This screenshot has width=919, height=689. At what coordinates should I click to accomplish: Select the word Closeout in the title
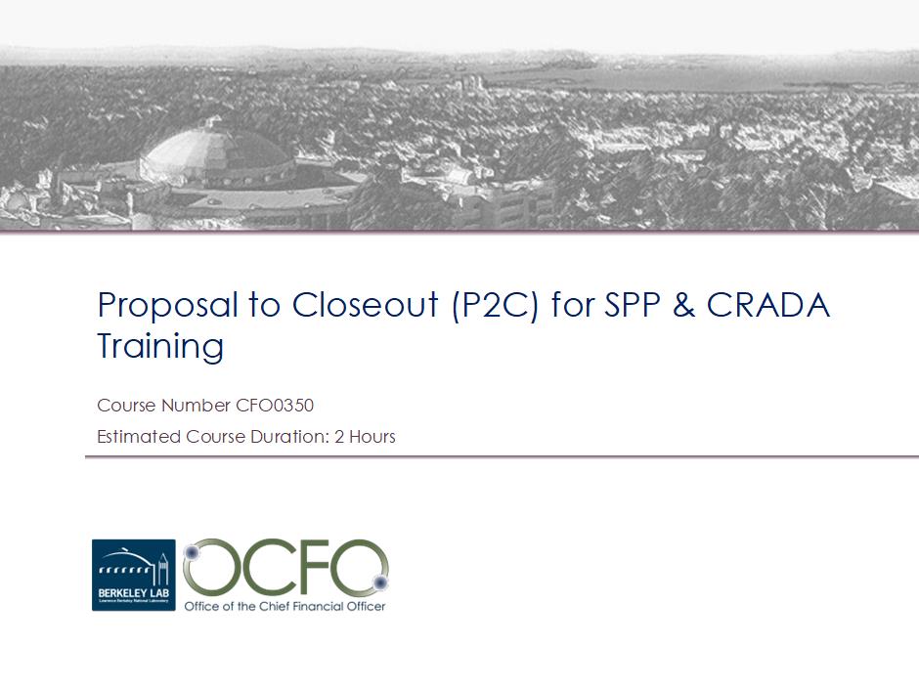point(365,305)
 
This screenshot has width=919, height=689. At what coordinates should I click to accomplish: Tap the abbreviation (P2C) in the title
point(496,306)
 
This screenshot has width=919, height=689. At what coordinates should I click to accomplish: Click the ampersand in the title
point(683,305)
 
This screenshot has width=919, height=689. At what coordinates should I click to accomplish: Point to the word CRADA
point(767,305)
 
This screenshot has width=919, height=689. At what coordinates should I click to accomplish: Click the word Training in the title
point(160,346)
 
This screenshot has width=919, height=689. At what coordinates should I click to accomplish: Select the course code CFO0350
point(275,406)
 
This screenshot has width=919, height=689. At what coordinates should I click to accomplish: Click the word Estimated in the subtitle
point(139,437)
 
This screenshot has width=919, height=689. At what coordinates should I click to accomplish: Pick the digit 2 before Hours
point(339,437)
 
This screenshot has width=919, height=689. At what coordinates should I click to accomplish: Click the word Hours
point(372,437)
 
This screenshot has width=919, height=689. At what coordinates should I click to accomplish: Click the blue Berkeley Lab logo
point(134,576)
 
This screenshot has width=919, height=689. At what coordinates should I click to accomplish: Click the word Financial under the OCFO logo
point(318,606)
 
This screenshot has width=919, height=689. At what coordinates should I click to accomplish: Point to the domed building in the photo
point(216,155)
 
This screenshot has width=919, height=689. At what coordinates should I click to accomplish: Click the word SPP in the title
point(632,305)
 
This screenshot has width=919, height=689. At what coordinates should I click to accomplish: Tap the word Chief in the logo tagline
point(275,606)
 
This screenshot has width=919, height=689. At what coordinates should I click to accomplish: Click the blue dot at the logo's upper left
point(192,552)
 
